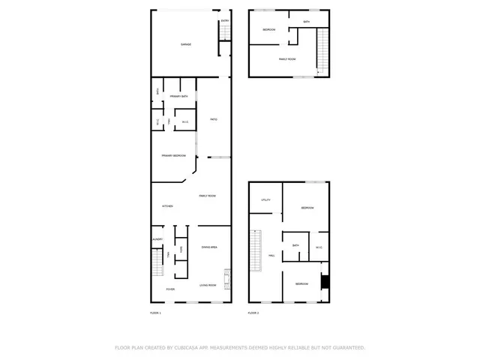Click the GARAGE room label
coord(186,45)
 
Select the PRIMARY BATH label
coord(178,97)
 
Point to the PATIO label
coord(214,119)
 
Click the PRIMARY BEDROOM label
coord(173,156)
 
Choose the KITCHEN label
coord(167,206)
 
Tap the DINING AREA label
coord(209,247)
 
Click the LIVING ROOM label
coord(208,285)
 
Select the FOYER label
coord(169,288)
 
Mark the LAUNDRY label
coord(157,239)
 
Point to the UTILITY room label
coord(265,200)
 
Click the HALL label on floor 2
coord(272,255)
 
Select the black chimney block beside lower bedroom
coord(324,282)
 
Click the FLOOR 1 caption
coord(156,312)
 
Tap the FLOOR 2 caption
coord(253,312)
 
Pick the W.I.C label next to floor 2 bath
coord(318,247)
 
